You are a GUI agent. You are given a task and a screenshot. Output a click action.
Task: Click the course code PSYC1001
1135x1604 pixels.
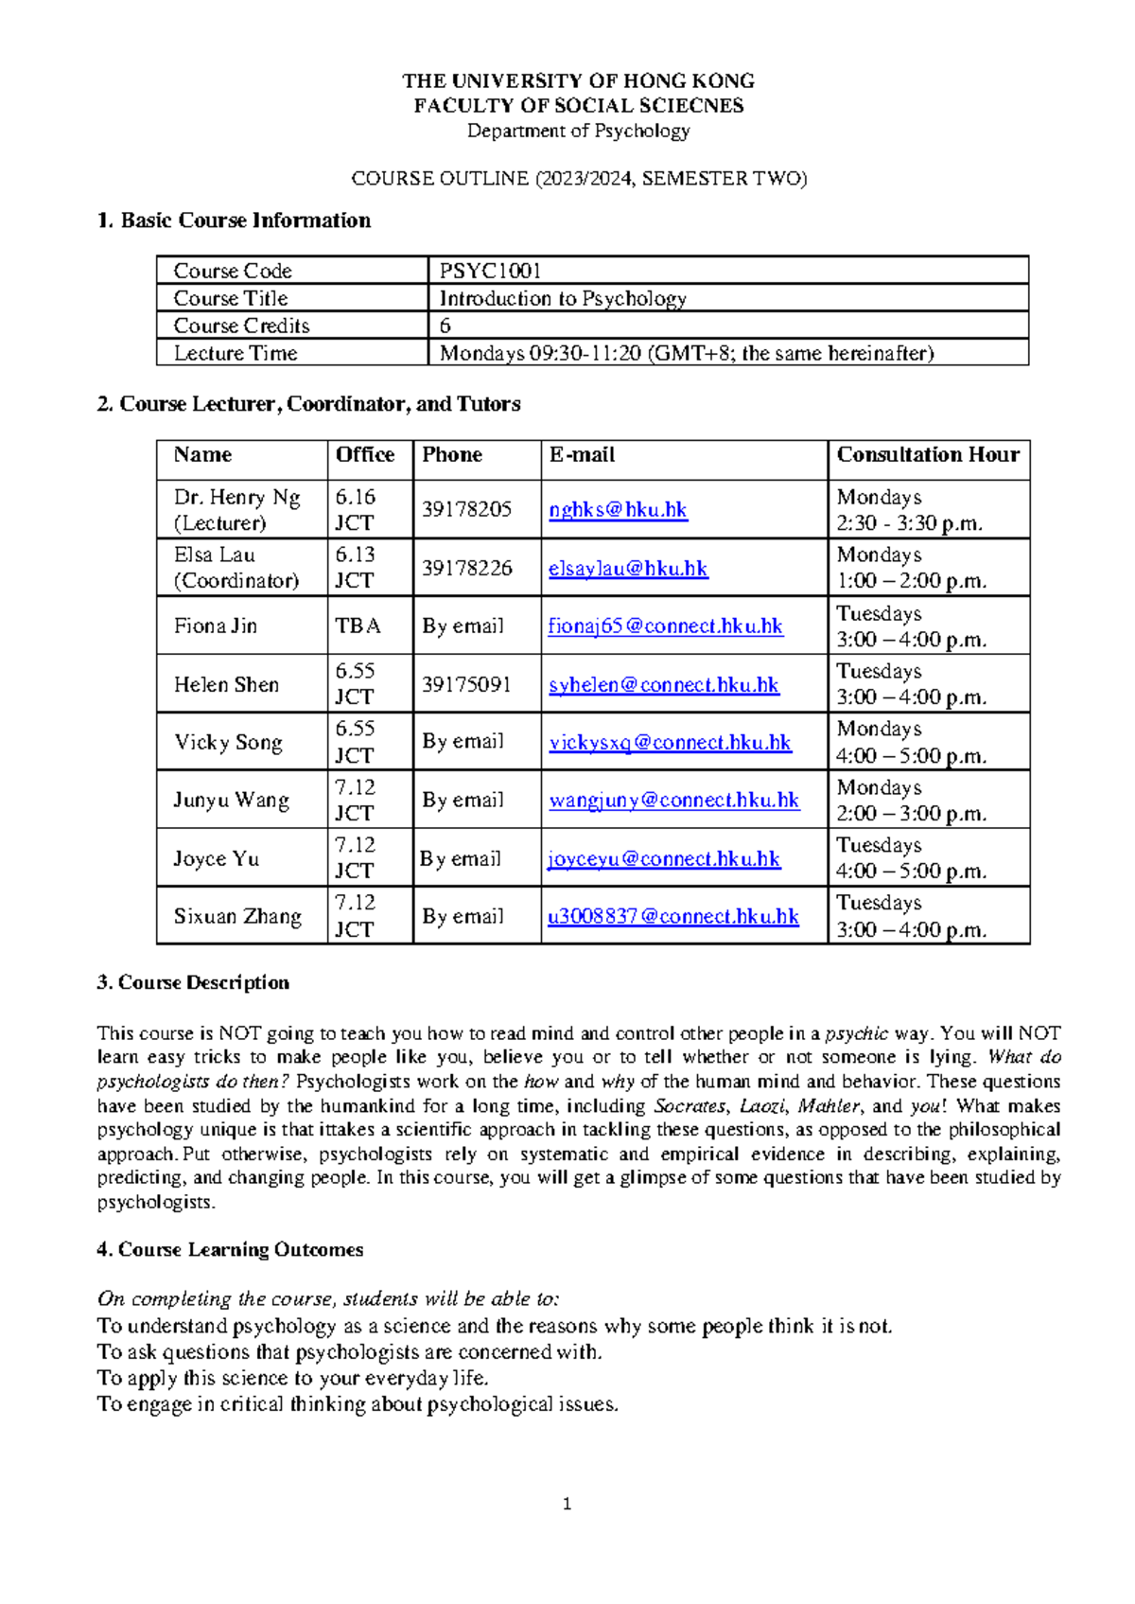coord(490,271)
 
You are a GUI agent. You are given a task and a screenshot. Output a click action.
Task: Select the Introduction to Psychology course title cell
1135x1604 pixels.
coord(563,298)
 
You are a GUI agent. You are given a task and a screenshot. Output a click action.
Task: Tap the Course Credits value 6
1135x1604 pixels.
coord(445,326)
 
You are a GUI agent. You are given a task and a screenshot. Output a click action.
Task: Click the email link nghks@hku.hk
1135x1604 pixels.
coord(618,509)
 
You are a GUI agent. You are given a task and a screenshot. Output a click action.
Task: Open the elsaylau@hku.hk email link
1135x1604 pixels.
coord(628,568)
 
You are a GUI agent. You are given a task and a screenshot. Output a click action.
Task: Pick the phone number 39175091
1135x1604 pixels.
coord(466,684)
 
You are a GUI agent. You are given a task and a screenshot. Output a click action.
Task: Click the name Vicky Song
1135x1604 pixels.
coord(228,742)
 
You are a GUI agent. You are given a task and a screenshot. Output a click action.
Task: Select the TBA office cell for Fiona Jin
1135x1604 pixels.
coord(358,626)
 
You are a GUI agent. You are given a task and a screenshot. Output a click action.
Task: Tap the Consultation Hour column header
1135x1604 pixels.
coord(927,455)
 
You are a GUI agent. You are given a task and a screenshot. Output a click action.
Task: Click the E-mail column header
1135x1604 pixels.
coord(582,455)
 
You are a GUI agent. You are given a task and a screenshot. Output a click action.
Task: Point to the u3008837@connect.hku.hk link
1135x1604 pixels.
coord(673,916)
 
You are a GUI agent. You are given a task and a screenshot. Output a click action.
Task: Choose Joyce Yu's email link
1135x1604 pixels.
coord(664,858)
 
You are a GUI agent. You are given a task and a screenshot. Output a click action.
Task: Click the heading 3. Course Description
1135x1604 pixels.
coord(193,982)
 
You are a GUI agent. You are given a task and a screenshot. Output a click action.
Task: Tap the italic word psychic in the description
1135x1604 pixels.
coord(856,1033)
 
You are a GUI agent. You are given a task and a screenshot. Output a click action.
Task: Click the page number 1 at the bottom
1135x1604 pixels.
coord(567,1504)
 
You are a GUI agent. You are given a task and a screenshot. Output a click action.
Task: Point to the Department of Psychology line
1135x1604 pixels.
coord(578,131)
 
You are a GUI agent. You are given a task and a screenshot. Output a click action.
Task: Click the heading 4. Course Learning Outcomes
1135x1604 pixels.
coord(230,1249)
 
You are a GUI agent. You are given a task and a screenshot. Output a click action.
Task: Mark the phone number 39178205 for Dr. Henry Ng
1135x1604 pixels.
coord(466,509)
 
